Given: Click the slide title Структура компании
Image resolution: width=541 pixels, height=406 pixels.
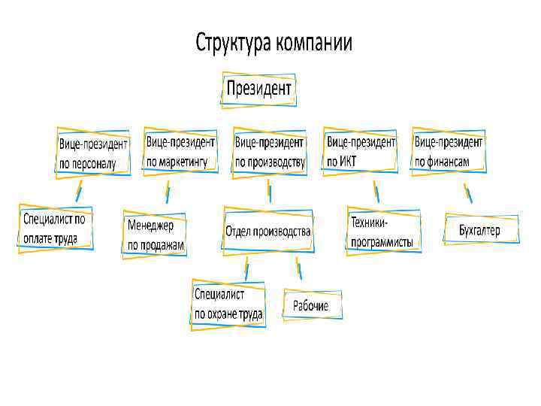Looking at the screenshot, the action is click(x=274, y=43).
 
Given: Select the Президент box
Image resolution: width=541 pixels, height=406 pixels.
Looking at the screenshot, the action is click(x=258, y=90).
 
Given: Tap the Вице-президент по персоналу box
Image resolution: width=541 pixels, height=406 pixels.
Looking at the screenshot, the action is click(x=93, y=153).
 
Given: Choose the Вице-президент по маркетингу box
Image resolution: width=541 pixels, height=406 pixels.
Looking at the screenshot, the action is click(x=180, y=150).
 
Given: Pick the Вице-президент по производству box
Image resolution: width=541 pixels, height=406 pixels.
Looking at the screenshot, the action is click(x=270, y=150).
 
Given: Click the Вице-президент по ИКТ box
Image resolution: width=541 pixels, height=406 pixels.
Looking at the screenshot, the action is click(x=361, y=150).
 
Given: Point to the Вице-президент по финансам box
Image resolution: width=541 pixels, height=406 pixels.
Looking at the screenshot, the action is click(x=449, y=150).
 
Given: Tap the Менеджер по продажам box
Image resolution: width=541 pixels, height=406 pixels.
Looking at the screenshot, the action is click(x=155, y=235).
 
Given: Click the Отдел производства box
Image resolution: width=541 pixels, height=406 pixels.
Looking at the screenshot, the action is click(x=268, y=232).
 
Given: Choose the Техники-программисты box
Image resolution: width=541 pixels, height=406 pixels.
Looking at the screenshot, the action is click(x=383, y=232).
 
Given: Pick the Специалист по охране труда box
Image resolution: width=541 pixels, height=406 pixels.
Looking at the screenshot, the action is click(x=228, y=304).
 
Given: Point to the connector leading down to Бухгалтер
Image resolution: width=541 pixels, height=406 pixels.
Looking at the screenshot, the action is click(x=468, y=193).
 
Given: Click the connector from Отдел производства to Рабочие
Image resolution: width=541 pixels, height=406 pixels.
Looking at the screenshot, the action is click(x=298, y=268).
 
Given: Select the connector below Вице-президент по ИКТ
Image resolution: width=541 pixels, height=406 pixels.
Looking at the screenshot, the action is click(x=376, y=191).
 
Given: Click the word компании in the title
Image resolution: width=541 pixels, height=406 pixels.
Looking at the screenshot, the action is click(x=314, y=43).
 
